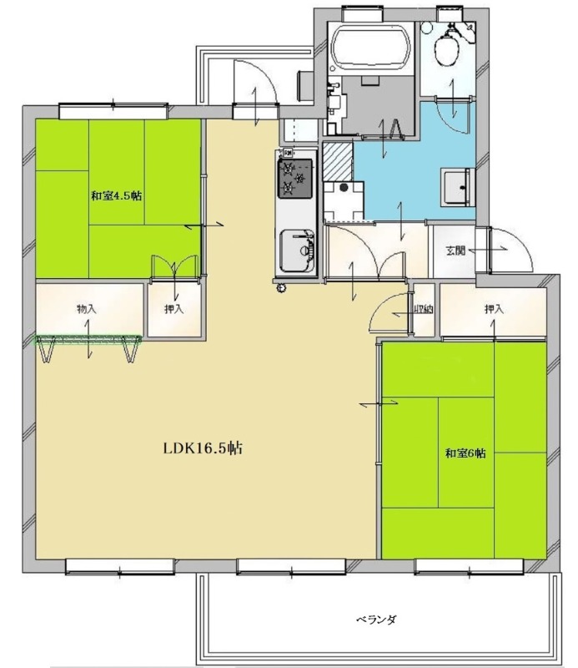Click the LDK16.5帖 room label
pos(203,448)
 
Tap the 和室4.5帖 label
pos(116,196)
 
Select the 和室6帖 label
pos(465,453)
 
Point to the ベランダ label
pos(376,619)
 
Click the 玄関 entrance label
pos(455,250)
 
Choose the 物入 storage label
pos(87,308)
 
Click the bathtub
pos(371,48)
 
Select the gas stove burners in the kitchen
pos(295,178)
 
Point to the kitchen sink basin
pos(297,251)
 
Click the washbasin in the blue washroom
pos(458,187)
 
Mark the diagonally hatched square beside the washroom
pos(338,161)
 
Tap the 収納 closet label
pos(424,310)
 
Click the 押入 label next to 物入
pos(174,308)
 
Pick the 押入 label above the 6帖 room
pos(494,308)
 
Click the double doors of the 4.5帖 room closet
pos(174,267)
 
